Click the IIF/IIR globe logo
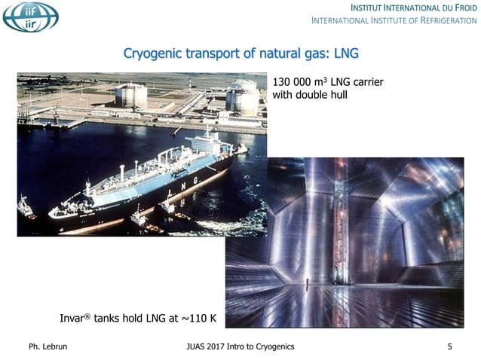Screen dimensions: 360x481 pos(30,17)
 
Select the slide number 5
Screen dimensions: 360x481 pos(449,346)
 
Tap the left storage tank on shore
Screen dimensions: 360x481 pos(131,95)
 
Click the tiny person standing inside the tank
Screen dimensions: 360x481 pos(308,284)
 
